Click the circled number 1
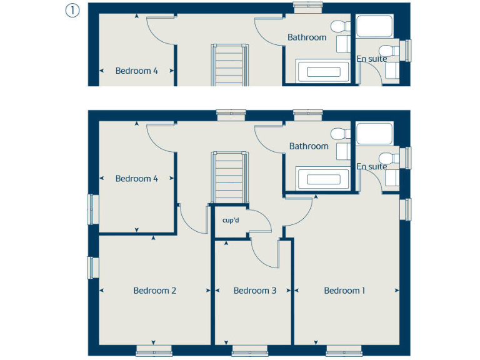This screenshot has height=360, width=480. click(x=72, y=11)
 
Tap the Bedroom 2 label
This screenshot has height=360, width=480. click(x=154, y=291)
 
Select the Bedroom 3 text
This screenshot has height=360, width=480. click(x=254, y=291)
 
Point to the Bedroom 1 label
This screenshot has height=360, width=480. click(x=344, y=291)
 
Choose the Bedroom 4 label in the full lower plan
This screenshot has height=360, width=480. click(x=136, y=179)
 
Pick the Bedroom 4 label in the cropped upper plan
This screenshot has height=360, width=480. click(x=136, y=71)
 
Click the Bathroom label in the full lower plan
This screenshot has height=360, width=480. click(x=308, y=146)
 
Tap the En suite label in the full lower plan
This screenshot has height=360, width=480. click(x=372, y=167)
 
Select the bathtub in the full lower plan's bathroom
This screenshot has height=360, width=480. click(x=322, y=179)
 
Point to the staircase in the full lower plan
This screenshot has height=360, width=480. click(x=228, y=177)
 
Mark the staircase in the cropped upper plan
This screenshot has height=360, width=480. click(x=228, y=65)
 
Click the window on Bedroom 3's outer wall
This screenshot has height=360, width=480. click(x=250, y=351)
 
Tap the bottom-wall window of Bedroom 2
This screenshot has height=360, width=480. click(x=154, y=351)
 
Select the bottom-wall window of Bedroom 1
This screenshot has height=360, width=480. click(x=344, y=351)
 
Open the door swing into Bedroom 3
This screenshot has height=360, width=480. click(x=262, y=253)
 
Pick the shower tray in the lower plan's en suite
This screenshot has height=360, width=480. click(x=374, y=134)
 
